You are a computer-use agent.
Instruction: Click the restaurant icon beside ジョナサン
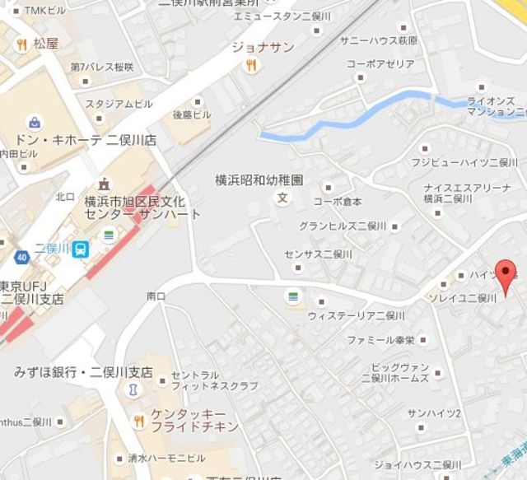(x=252, y=64)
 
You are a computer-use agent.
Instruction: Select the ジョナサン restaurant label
(x=262, y=47)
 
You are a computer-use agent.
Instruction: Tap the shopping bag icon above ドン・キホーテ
(x=34, y=122)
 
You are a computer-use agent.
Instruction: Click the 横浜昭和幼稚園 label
(x=260, y=179)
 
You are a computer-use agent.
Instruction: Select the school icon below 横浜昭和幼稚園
(x=283, y=198)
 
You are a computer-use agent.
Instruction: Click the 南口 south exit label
(x=156, y=295)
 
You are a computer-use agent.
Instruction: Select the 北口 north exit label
(x=65, y=197)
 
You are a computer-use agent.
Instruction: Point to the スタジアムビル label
(x=124, y=104)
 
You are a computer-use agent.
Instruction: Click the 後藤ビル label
(x=192, y=114)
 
